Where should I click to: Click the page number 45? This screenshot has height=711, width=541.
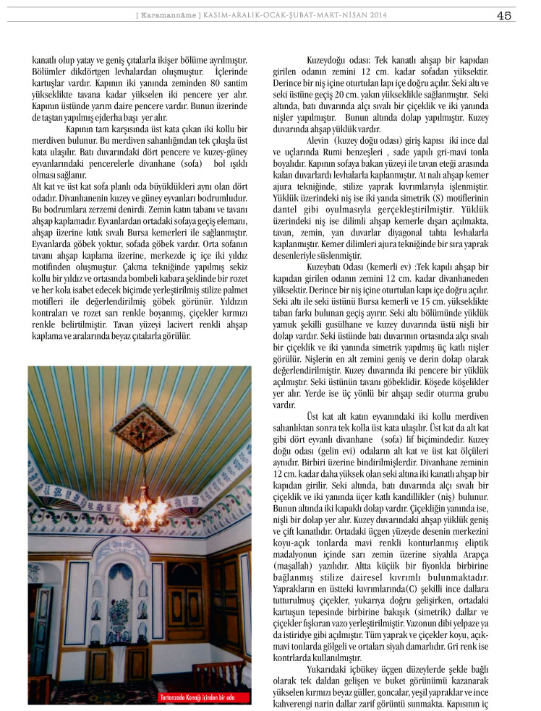[505, 14]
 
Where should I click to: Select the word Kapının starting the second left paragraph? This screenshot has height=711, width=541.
[82, 129]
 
